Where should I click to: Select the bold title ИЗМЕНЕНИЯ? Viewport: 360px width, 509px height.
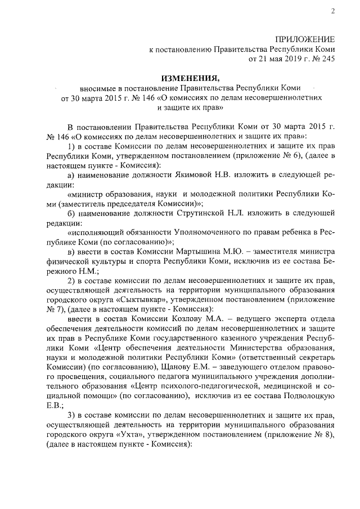coord(189,78)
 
